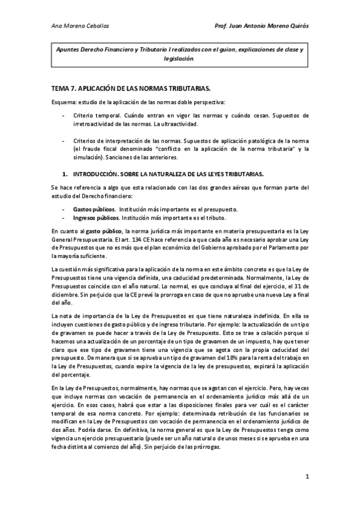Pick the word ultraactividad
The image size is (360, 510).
pos(179,123)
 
